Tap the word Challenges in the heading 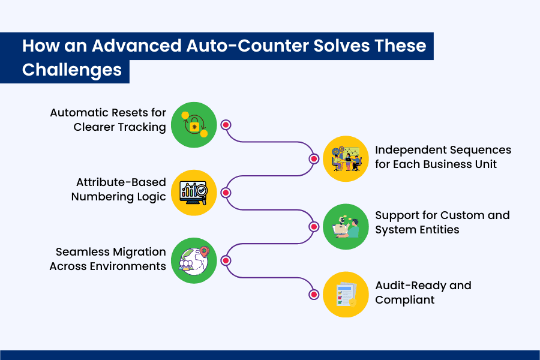tap(72, 70)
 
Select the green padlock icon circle tap(194, 125)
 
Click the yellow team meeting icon tap(346, 158)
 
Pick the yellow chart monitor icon tap(194, 193)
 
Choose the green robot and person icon tap(346, 227)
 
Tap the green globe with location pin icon tap(194, 260)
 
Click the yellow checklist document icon tap(346, 295)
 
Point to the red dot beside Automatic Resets tap(226, 125)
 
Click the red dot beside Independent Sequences tap(314, 159)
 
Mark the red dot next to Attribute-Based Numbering tap(226, 193)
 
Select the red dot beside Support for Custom tap(314, 227)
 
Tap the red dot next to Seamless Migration tap(226, 260)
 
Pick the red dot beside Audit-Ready tap(314, 295)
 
